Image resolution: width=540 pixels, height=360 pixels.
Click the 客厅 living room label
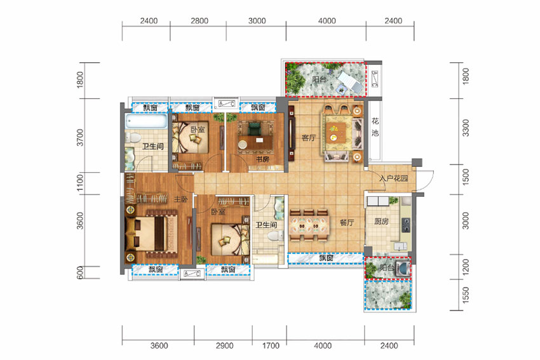click(x=308, y=138)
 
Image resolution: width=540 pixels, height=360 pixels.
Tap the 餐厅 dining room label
click(x=347, y=222)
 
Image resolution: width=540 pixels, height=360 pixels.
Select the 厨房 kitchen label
click(x=381, y=222)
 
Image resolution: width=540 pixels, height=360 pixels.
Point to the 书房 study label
click(x=262, y=159)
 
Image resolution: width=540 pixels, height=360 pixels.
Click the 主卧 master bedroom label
click(x=181, y=199)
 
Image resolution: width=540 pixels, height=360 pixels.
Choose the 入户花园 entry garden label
click(x=394, y=178)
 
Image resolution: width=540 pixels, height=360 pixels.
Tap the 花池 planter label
click(x=375, y=126)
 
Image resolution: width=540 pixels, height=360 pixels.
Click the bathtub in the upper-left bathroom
click(x=146, y=121)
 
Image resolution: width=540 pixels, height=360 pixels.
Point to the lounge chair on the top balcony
click(x=349, y=82)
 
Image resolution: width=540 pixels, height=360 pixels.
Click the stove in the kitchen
click(x=406, y=225)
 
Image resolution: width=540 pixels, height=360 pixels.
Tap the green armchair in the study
click(x=255, y=129)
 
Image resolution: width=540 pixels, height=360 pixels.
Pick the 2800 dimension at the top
click(x=199, y=21)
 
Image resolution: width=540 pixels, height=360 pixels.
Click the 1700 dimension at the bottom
click(x=271, y=345)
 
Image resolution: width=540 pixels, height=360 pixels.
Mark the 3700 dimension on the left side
click(x=80, y=137)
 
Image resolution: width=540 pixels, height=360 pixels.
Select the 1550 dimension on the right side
click(x=466, y=295)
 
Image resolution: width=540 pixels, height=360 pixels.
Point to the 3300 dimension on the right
click(x=466, y=128)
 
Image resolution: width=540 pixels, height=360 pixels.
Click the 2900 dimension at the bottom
click(x=224, y=345)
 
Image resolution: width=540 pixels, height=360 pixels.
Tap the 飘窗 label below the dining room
click(x=326, y=258)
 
